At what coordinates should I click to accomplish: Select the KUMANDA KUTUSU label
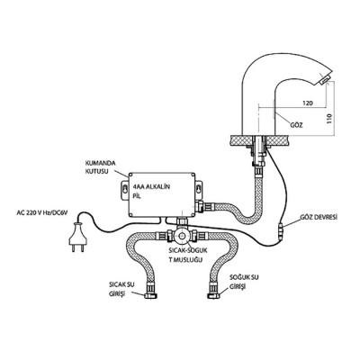point(96,167)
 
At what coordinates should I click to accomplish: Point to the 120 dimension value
point(308,103)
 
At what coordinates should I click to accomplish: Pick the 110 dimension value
point(330,119)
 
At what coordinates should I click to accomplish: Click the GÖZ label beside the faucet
point(296,125)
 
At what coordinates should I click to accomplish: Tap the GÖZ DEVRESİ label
point(319,217)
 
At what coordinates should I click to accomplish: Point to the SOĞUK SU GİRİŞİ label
point(244,282)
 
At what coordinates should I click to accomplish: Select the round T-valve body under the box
point(182,236)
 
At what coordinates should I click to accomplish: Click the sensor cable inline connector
point(282,230)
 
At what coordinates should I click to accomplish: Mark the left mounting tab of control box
point(125,190)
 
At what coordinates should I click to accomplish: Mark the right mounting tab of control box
point(198,190)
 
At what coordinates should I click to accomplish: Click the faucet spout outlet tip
point(324,79)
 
